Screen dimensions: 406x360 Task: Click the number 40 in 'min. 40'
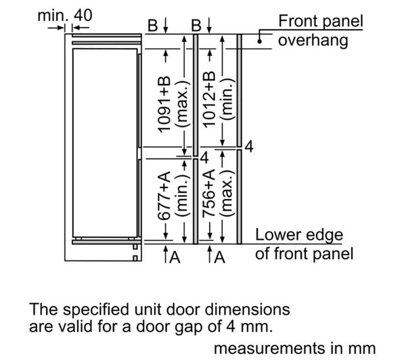(x=83, y=15)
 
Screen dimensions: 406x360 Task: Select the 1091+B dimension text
(x=164, y=104)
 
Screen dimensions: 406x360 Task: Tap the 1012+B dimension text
(x=209, y=99)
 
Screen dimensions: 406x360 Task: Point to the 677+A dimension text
(x=164, y=196)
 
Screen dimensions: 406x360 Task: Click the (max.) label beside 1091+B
(x=183, y=104)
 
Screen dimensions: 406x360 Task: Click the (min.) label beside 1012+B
(x=227, y=99)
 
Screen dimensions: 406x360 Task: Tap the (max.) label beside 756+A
(x=227, y=194)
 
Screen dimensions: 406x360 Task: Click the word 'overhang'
(x=313, y=41)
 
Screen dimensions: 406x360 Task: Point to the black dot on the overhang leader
(x=259, y=41)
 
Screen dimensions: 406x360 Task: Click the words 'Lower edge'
(x=299, y=235)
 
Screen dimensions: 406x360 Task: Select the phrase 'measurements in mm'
(x=294, y=348)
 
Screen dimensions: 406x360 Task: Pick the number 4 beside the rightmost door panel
(x=249, y=147)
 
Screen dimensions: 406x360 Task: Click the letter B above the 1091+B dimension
(x=153, y=26)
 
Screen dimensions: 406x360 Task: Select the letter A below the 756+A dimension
(x=220, y=258)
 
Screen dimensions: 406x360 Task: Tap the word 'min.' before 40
(x=53, y=16)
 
